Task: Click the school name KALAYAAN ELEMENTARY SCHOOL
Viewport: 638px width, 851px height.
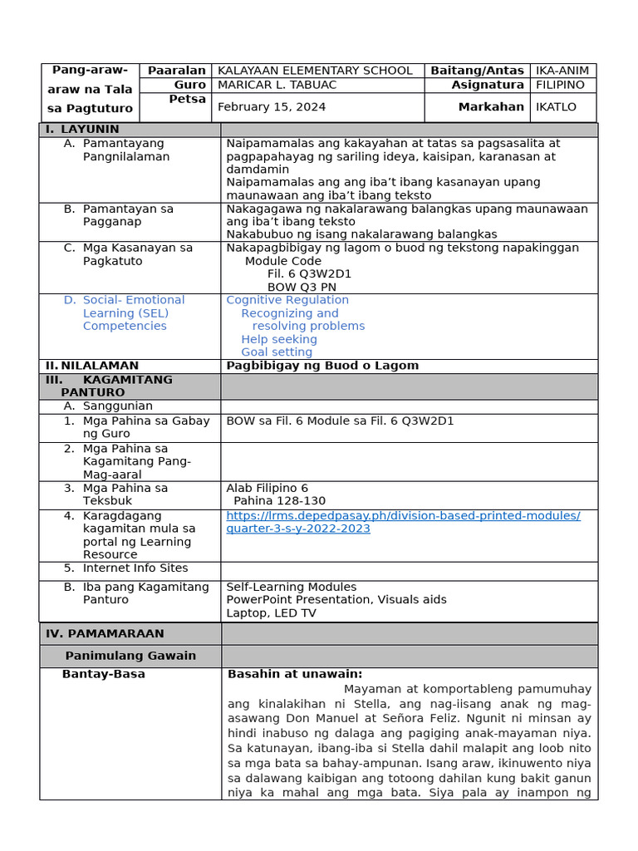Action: [314, 71]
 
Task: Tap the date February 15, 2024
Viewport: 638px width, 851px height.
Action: [272, 107]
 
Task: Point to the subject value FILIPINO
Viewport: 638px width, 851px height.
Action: [561, 85]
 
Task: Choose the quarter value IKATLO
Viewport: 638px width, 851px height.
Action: [556, 107]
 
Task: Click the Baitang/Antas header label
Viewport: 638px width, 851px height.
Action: [477, 71]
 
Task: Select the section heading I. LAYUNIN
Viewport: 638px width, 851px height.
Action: [82, 130]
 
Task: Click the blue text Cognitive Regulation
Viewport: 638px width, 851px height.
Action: [287, 300]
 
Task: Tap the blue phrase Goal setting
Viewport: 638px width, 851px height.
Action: [277, 352]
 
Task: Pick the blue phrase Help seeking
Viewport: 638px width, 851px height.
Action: [279, 339]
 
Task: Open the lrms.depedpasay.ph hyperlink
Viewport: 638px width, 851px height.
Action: [403, 522]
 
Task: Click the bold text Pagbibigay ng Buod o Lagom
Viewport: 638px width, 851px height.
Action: [322, 366]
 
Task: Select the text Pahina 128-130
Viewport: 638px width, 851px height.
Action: [279, 501]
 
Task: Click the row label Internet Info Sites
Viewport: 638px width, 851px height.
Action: [135, 568]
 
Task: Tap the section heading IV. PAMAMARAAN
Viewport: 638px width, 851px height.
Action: [105, 633]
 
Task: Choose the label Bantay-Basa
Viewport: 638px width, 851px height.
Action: [104, 674]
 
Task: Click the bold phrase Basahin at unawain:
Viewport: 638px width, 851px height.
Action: [295, 674]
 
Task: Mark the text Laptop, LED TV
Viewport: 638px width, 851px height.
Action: [271, 613]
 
